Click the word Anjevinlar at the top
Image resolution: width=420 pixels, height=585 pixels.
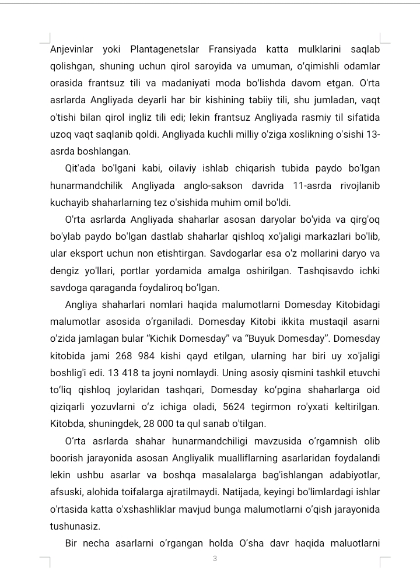[71, 49]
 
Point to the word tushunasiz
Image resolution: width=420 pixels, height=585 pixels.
[75, 527]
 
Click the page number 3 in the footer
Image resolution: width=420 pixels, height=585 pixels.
[215, 559]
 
